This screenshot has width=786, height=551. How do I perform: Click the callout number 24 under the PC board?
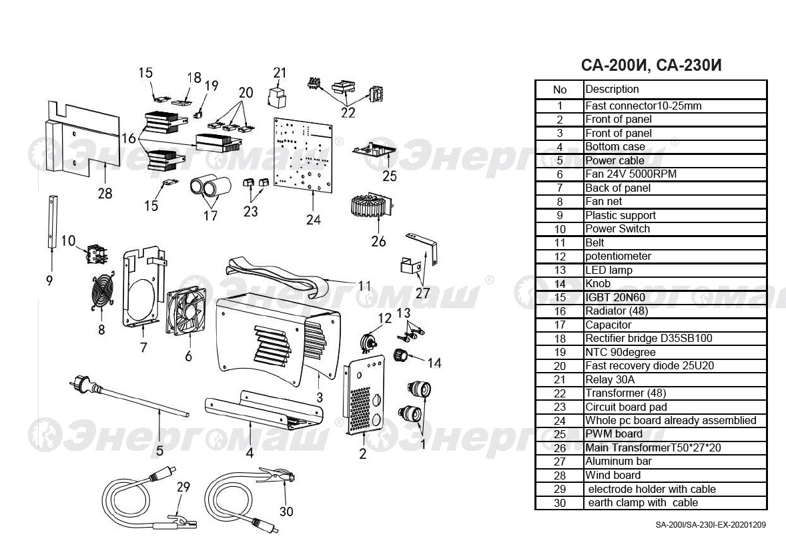click(x=314, y=219)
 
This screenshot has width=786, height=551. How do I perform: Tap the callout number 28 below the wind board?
click(x=105, y=194)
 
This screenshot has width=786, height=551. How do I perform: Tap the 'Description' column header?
click(x=612, y=89)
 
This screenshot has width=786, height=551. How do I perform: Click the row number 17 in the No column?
click(x=560, y=325)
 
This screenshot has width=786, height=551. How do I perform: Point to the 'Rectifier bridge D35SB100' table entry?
click(x=649, y=339)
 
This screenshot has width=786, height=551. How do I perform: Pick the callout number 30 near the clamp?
click(x=286, y=512)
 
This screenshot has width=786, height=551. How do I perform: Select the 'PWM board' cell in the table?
click(x=614, y=434)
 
